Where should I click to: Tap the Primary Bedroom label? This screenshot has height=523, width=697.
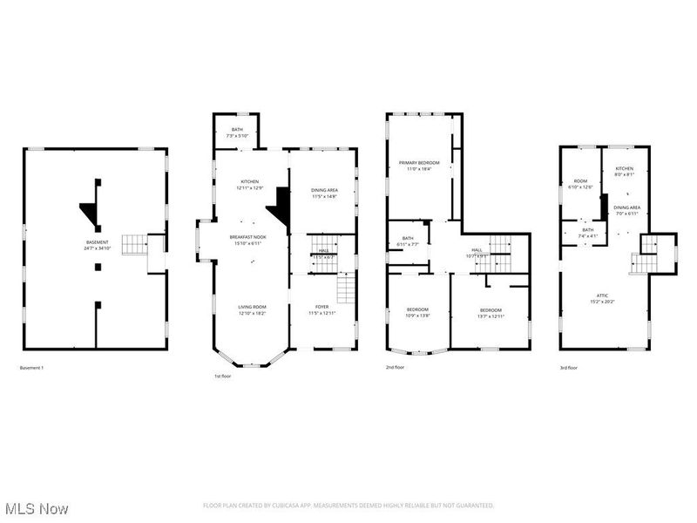[419, 164]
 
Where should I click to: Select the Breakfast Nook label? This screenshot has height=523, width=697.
[249, 237]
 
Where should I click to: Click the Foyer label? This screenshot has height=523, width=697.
[322, 308]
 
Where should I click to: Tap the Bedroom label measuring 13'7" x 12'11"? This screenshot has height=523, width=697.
[490, 312]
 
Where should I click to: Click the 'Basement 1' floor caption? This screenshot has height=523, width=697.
[31, 368]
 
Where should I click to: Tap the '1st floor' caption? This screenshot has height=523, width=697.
[223, 377]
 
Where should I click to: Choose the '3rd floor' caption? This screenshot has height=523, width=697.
[568, 368]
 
